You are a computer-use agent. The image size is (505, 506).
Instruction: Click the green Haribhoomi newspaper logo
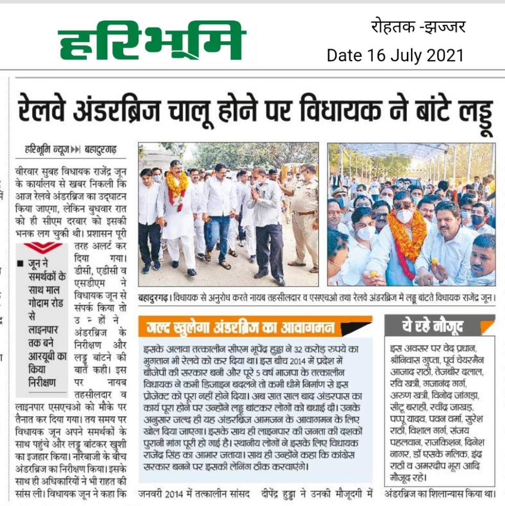152,41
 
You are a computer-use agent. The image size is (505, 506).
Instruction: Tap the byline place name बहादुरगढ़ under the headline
101,150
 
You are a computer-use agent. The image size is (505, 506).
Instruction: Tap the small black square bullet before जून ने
20,264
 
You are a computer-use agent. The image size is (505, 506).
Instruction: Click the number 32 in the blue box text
302,348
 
